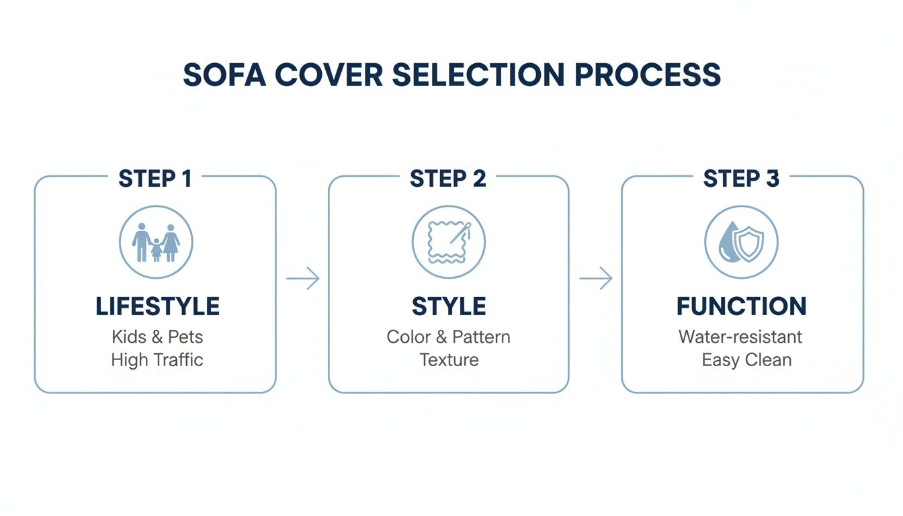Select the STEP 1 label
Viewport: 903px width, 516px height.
[155, 179]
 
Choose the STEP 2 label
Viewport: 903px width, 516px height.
[448, 179]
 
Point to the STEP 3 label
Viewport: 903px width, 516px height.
[741, 179]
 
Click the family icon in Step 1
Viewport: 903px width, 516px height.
[156, 243]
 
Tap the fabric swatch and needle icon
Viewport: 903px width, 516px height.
[448, 243]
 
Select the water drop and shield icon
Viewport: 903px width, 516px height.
[741, 243]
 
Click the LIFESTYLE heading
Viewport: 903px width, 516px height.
[157, 306]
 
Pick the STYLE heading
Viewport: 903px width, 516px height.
[449, 306]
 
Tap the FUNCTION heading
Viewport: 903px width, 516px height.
[742, 306]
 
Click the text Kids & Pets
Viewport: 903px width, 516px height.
[157, 337]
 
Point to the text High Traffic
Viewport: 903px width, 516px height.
[157, 360]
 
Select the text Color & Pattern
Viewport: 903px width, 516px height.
[449, 337]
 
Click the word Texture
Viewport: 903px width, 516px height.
[449, 360]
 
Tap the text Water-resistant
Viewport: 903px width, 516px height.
[740, 337]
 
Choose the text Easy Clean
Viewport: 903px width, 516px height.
[746, 360]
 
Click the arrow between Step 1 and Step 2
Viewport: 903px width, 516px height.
[303, 278]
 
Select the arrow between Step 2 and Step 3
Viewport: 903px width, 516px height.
[596, 278]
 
